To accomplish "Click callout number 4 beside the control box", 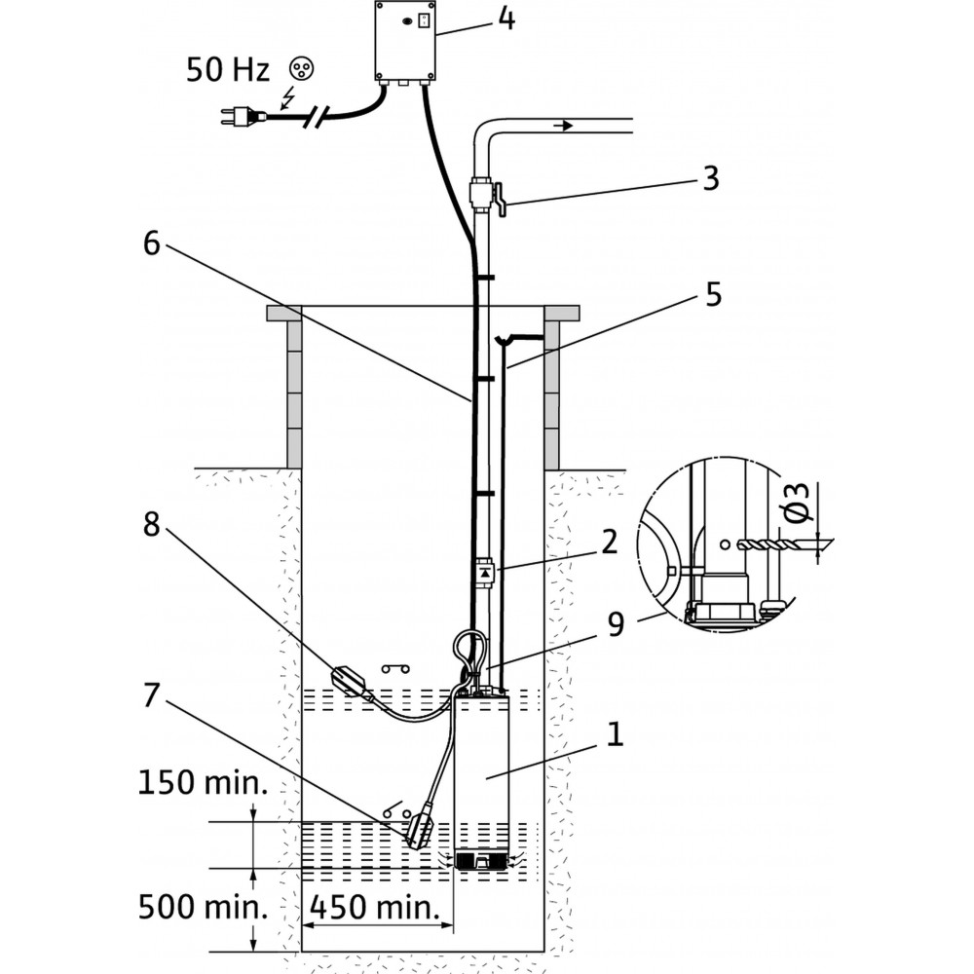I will (x=506, y=19).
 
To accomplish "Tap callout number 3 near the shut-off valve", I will (x=710, y=179).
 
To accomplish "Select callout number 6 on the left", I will (x=151, y=244).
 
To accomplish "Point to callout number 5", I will (x=714, y=295).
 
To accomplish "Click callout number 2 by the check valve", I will (x=609, y=543).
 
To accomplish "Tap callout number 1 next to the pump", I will (x=614, y=734).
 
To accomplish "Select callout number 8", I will (x=151, y=524).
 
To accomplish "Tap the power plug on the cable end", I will (x=239, y=117).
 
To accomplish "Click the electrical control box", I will (x=404, y=41).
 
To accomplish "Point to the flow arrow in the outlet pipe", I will (x=563, y=126).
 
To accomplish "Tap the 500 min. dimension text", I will (x=203, y=908).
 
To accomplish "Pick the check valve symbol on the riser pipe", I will (x=484, y=572).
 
